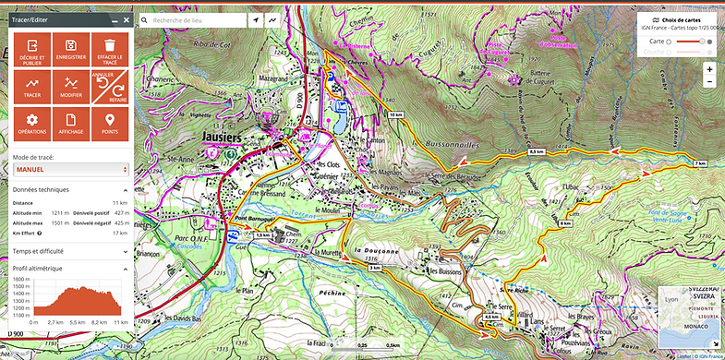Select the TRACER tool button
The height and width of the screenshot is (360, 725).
(31, 86)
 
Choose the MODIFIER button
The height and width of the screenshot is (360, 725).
(70, 86)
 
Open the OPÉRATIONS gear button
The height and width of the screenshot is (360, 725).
(31, 123)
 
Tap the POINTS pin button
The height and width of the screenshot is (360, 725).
(110, 123)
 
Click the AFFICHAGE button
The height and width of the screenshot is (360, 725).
(70, 123)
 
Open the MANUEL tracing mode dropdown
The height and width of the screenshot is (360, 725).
(70, 170)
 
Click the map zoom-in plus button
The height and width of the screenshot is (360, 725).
(709, 69)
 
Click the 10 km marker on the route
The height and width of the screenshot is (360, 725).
(396, 114)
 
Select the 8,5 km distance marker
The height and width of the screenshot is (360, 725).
(538, 150)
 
